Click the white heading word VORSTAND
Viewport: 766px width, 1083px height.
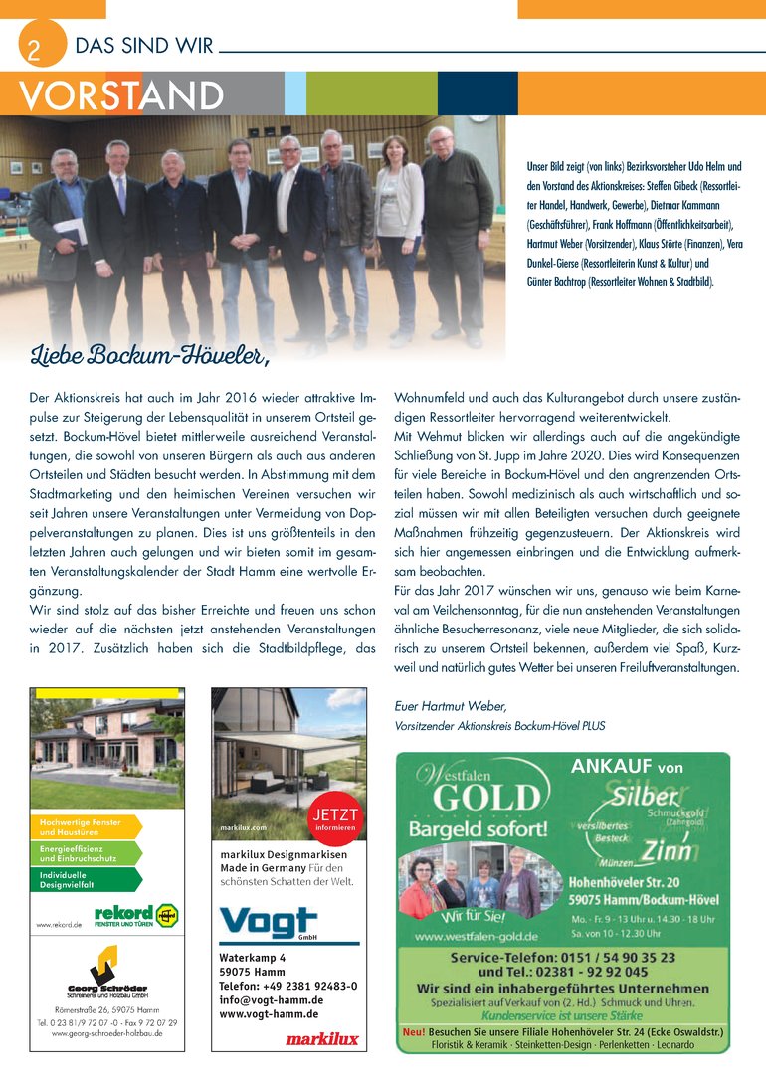click(120, 95)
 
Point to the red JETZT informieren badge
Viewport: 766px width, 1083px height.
click(335, 819)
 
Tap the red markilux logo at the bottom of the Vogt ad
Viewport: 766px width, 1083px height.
click(315, 1038)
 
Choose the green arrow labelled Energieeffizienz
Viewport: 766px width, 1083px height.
click(88, 852)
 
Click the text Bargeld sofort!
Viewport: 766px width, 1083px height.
click(479, 828)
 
